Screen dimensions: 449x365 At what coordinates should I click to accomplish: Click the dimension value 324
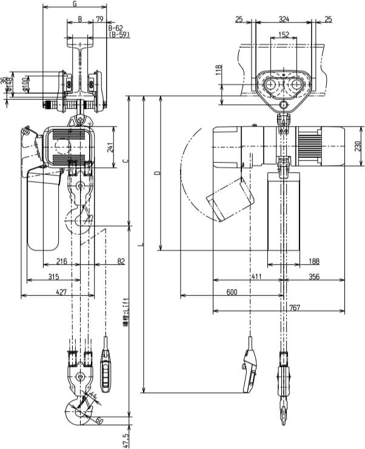284,20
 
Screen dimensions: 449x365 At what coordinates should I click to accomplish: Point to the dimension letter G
74,4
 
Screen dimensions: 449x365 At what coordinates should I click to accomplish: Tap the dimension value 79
99,20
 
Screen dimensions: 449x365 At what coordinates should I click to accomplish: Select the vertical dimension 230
358,146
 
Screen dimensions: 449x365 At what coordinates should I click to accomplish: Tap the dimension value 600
232,292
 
